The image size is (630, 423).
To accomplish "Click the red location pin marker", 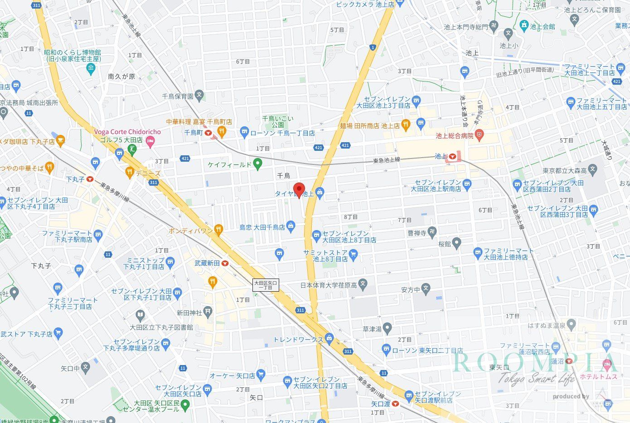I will (298, 189).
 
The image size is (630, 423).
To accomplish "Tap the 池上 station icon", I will (452, 157).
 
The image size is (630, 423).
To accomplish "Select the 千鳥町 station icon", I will (208, 133).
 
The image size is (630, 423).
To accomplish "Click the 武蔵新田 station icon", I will (225, 263).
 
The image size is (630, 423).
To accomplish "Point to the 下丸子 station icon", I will (90, 179).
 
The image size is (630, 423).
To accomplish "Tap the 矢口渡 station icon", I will (396, 404).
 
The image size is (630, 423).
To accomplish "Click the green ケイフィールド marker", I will (258, 164).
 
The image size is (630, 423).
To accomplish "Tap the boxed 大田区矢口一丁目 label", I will (266, 285).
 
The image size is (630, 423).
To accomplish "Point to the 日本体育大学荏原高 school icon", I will (363, 285).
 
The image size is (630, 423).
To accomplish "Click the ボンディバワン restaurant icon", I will (219, 230).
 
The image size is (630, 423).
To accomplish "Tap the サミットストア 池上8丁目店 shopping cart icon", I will (354, 256).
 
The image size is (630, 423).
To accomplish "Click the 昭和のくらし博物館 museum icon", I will (90, 69).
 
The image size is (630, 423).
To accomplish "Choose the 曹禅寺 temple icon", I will (432, 232).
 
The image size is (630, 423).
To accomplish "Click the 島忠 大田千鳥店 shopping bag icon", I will (291, 226).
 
